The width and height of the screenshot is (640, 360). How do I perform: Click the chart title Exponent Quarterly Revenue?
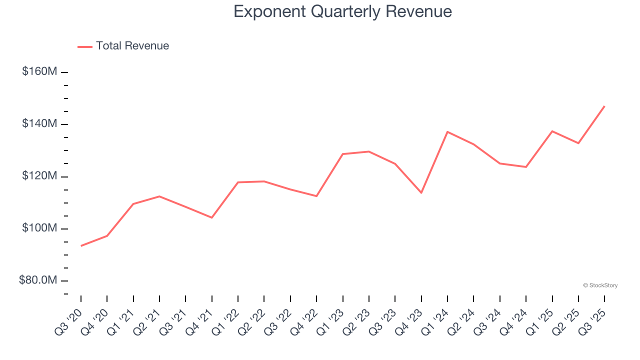(x=342, y=11)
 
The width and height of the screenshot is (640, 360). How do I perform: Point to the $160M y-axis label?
(x=39, y=71)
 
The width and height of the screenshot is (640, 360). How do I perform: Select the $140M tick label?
(x=39, y=123)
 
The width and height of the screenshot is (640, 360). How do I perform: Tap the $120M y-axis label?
(x=39, y=176)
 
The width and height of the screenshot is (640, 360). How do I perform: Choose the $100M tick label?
(x=39, y=228)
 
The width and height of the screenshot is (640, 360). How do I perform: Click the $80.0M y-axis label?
(x=38, y=280)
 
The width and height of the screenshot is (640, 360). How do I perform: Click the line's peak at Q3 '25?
(x=604, y=106)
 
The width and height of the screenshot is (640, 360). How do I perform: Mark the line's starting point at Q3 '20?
(x=81, y=245)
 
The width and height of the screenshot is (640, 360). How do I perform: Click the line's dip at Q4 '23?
(x=421, y=192)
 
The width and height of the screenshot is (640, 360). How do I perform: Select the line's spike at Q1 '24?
(x=447, y=131)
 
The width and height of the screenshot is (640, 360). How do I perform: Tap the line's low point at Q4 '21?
(x=212, y=217)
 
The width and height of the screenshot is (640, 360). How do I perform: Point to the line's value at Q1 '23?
(x=343, y=154)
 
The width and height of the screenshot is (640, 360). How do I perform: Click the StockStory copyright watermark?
(x=600, y=285)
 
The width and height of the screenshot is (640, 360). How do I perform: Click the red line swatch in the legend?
(x=85, y=46)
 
